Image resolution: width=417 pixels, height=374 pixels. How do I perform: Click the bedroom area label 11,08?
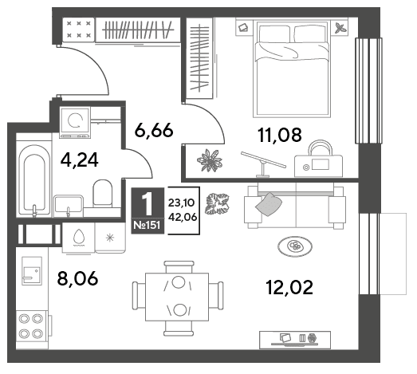point(280,135)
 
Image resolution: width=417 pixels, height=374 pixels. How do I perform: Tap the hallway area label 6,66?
point(154,130)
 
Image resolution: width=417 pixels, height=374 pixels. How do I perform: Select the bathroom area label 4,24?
point(79,159)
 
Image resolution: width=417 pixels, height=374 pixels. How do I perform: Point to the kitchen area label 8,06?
point(77,278)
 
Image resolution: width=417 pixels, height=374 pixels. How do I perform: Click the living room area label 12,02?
point(289,288)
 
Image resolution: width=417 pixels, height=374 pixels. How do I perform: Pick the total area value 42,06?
point(183,218)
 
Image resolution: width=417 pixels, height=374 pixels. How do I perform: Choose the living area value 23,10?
point(181,203)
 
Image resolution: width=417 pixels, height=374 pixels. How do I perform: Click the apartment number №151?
point(147,225)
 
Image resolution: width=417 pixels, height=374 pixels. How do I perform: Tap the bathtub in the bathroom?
point(34,179)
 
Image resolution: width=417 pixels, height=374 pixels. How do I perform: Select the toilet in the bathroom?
point(102,193)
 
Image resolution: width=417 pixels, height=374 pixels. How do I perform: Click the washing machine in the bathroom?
point(75,122)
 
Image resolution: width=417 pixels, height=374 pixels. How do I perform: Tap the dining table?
point(177,297)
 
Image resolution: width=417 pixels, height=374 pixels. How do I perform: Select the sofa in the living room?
point(295,206)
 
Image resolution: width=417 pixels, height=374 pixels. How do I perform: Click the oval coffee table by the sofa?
point(295,246)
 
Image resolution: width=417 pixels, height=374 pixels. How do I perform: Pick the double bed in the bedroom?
point(292,69)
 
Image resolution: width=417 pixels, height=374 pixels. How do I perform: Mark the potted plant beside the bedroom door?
point(210,160)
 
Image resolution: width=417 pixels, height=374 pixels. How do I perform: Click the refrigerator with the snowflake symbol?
point(110,238)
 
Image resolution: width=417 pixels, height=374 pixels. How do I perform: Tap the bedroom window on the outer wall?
point(368,91)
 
